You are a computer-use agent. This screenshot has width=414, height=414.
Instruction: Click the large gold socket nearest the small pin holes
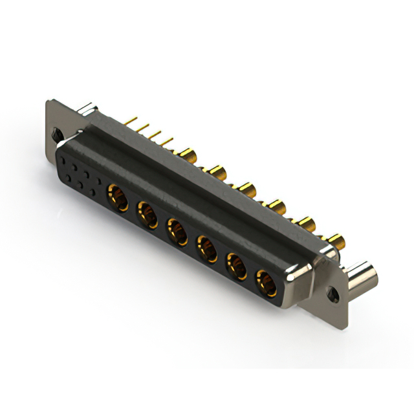[117, 194]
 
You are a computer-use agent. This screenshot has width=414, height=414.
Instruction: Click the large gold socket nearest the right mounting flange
[265, 281]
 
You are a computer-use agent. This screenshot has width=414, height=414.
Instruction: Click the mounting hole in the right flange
[334, 293]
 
